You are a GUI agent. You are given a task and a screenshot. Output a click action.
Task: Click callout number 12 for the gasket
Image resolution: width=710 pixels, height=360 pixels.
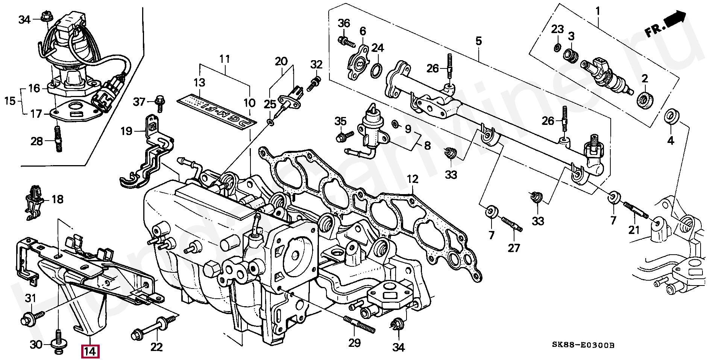point(412,179)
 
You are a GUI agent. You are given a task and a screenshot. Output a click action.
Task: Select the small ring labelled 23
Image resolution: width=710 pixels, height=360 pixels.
point(558,47)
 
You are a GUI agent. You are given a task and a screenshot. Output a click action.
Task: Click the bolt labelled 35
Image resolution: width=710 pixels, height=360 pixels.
point(344,136)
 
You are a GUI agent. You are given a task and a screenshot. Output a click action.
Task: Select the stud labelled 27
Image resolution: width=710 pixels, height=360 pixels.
point(510,225)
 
